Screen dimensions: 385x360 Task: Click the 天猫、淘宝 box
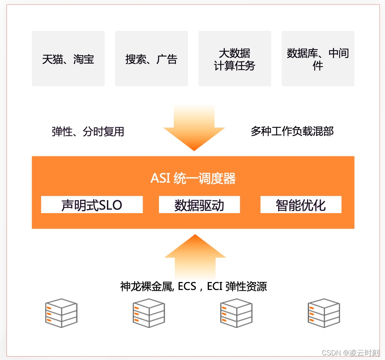[68, 59]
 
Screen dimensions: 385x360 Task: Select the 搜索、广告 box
[151, 59]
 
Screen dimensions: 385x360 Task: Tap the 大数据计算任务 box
[235, 59]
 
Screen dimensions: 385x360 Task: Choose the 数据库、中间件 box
[318, 59]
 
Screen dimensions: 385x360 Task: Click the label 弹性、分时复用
[88, 132]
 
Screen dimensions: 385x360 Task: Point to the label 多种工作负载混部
[292, 131]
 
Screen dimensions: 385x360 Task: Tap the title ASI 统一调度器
[193, 178]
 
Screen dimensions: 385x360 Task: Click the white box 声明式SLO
[92, 205]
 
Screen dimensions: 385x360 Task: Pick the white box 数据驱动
[199, 205]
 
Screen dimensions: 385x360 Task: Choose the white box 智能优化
[301, 205]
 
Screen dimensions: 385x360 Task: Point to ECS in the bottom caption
[186, 286]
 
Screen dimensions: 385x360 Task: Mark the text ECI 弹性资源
[237, 286]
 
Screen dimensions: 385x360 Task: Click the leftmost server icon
[61, 313]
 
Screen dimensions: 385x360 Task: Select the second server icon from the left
[149, 313]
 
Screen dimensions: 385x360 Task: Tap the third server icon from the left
[236, 313]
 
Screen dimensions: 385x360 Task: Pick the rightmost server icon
[324, 313]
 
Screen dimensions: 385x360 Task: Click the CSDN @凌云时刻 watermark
[350, 353]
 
